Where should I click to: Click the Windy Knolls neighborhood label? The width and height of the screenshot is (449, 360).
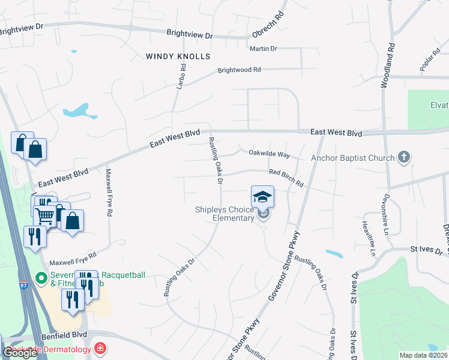click(x=178, y=56)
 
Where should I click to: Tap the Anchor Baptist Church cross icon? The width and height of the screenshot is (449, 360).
click(x=404, y=158)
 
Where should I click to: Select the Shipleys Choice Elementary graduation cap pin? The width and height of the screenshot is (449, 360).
click(x=262, y=196)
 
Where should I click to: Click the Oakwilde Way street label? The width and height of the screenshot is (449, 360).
click(x=270, y=154)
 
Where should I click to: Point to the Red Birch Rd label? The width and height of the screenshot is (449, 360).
click(x=286, y=176)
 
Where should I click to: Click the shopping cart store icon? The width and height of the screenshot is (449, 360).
click(x=46, y=215)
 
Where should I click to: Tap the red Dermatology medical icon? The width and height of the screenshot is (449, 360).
click(x=100, y=349)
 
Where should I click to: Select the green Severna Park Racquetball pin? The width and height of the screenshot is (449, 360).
click(x=41, y=278)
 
